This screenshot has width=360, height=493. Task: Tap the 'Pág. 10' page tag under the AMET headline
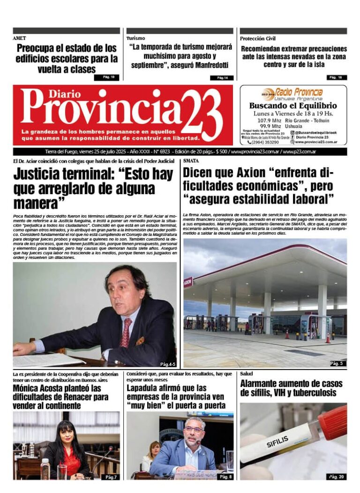coord(107,77)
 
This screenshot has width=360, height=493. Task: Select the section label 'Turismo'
coord(135,38)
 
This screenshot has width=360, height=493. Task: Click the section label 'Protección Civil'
coord(258,38)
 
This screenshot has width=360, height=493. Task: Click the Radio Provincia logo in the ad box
coord(292,93)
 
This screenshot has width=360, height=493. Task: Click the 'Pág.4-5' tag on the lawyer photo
coord(167,364)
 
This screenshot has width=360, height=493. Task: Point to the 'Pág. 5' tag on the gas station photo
coord(337,363)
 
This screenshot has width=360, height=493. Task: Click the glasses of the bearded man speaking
coord(194,429)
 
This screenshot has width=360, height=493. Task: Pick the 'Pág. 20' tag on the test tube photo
coord(336,477)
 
